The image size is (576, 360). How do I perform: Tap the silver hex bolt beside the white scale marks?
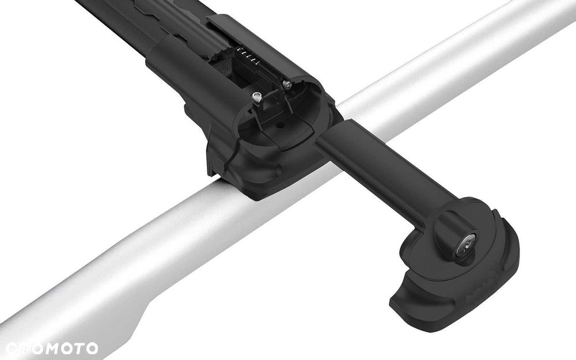287,85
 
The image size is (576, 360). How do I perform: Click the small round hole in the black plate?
281,125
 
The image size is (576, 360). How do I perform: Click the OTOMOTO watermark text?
52,348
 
